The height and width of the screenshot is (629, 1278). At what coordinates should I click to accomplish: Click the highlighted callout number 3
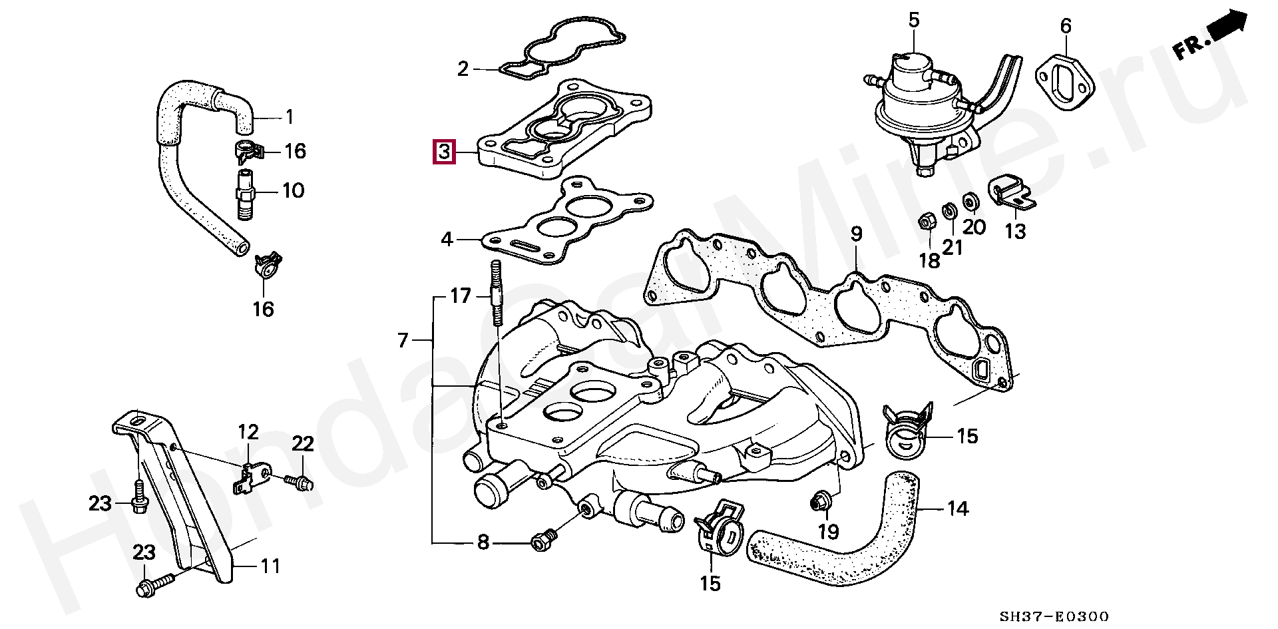pyautogui.click(x=444, y=152)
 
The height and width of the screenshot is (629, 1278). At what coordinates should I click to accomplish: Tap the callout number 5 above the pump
pyautogui.click(x=913, y=20)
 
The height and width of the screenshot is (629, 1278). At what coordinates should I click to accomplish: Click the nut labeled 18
pyautogui.click(x=925, y=221)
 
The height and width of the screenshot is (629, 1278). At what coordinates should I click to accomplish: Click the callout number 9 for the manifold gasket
pyautogui.click(x=855, y=234)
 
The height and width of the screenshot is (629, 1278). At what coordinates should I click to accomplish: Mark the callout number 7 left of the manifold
pyautogui.click(x=403, y=340)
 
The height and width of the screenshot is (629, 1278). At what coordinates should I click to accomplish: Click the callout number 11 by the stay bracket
pyautogui.click(x=269, y=566)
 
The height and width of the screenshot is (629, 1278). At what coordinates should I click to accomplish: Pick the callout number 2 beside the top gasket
pyautogui.click(x=463, y=69)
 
